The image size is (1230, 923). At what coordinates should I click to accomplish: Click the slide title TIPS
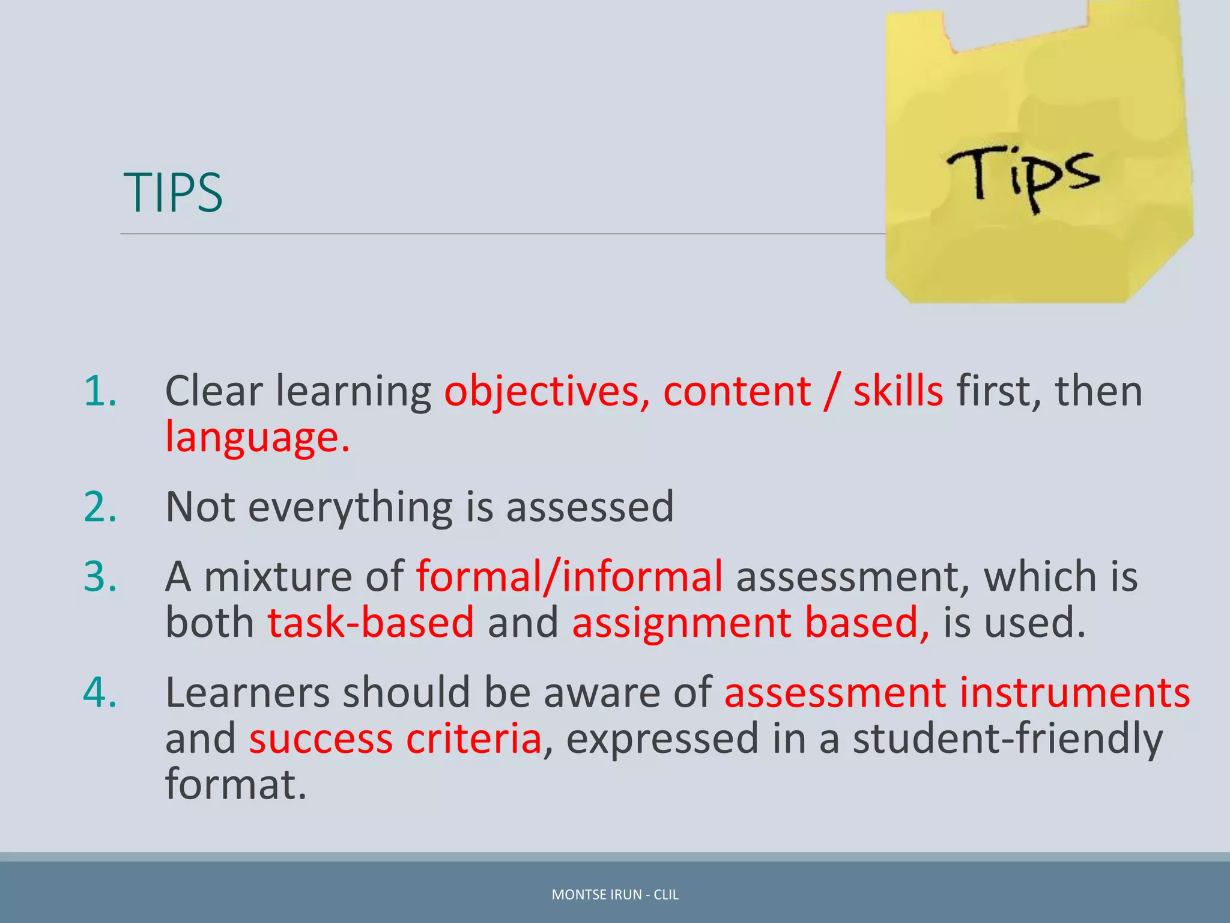coord(173,192)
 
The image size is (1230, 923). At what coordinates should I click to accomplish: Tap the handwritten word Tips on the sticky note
coord(1023,175)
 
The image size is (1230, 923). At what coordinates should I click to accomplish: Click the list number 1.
coord(100,391)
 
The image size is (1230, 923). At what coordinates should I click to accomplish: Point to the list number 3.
coord(100,576)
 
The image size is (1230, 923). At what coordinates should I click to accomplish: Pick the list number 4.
coord(100,692)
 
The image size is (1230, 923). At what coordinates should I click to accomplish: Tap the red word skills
coord(898,391)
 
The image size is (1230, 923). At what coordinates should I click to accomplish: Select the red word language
coord(256,437)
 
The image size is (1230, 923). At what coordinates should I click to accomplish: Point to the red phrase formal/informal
coord(569,576)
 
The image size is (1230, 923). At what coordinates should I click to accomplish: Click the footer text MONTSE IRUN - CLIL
coord(615,895)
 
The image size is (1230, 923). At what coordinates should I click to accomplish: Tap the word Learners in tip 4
coord(247,692)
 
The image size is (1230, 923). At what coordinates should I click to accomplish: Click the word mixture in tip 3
coord(278,576)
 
